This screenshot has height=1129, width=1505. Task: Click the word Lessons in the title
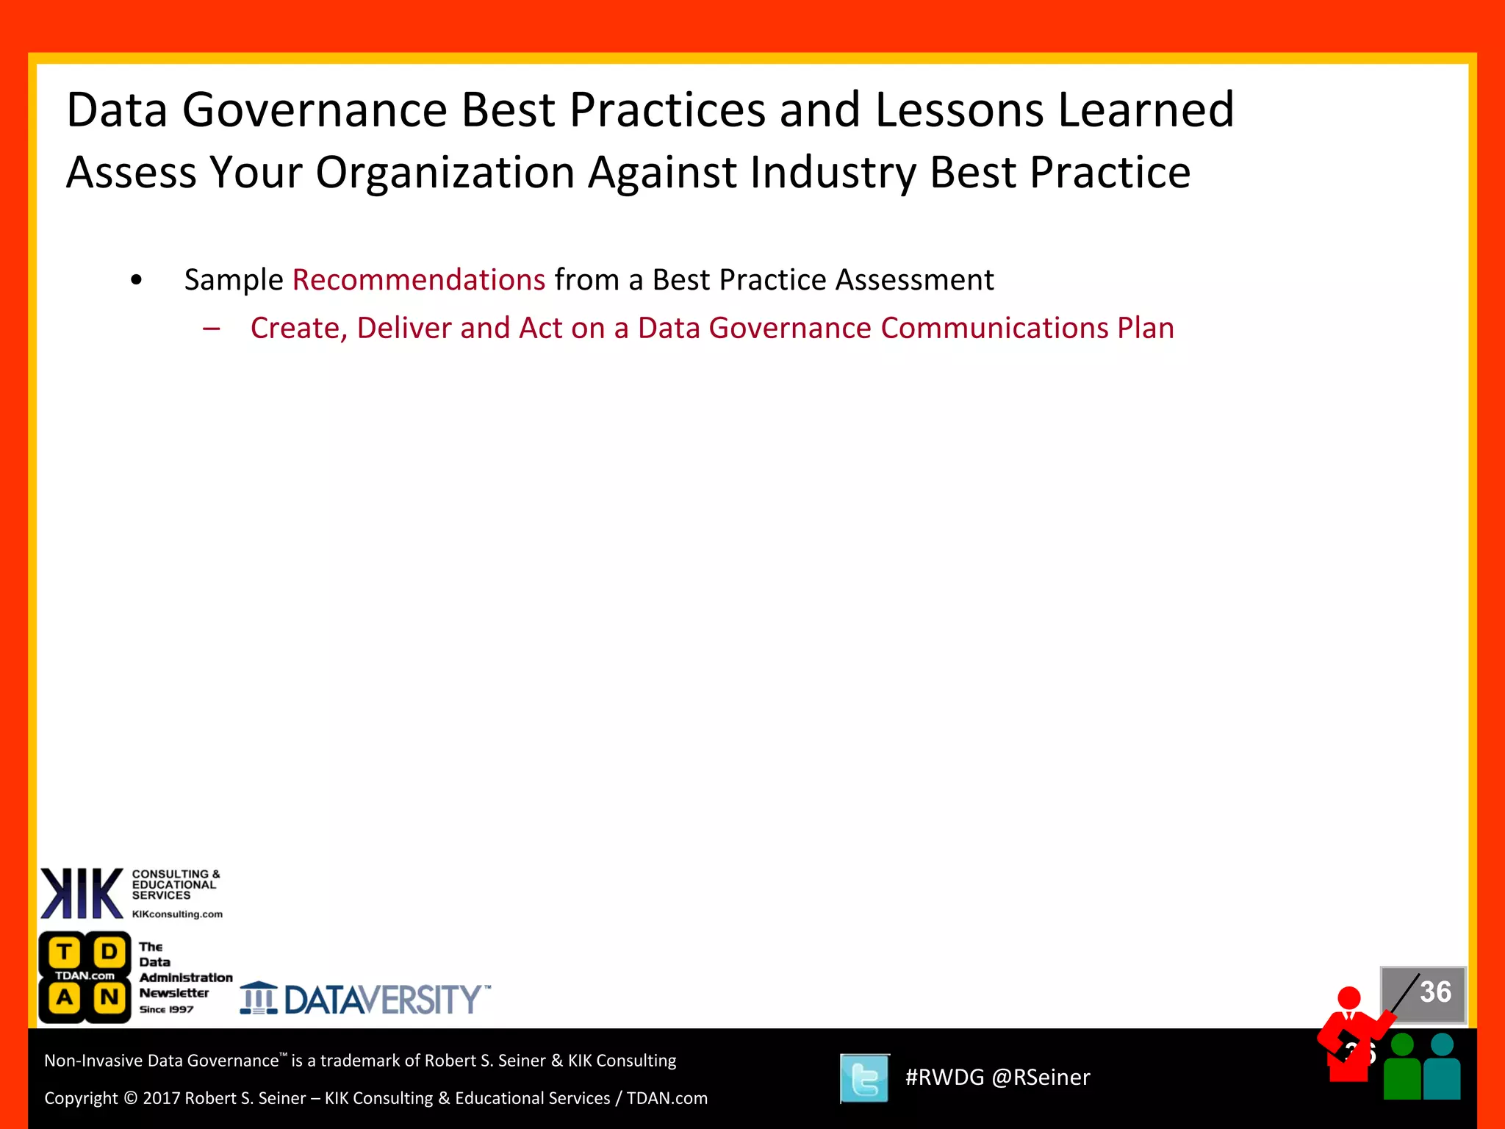[958, 110]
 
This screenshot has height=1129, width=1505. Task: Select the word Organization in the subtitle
[445, 173]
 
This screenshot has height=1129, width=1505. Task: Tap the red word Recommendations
[419, 280]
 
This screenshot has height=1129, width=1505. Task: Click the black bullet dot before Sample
[136, 280]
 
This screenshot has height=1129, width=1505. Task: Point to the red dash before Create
[212, 329]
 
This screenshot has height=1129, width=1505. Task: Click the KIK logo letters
[81, 894]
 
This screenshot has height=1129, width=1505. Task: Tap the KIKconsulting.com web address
[177, 914]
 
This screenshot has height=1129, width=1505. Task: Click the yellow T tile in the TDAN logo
[65, 953]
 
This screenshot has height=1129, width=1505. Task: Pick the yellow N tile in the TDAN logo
[109, 998]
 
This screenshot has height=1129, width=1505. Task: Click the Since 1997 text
[166, 1010]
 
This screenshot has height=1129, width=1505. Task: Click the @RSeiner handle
[1041, 1078]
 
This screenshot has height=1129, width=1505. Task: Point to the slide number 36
[1434, 992]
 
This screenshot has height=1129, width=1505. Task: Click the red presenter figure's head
[1349, 998]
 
